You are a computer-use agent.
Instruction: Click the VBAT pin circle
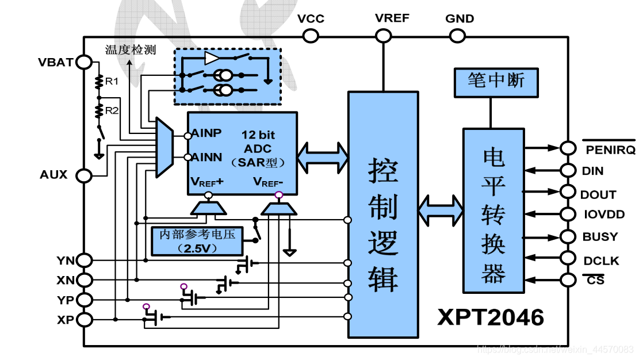click(x=84, y=62)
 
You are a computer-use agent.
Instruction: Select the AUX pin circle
click(x=84, y=175)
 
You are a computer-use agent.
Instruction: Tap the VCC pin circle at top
click(x=311, y=36)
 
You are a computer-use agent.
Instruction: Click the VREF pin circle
click(x=383, y=36)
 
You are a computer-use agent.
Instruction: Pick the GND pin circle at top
click(x=457, y=36)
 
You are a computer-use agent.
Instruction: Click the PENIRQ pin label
click(x=609, y=150)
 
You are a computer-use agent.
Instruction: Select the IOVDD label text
click(x=603, y=215)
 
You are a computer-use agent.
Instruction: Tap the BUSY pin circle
click(x=568, y=236)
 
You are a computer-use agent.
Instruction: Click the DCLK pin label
click(x=601, y=261)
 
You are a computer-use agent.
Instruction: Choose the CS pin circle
click(x=568, y=280)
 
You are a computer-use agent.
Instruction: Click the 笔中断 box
click(x=496, y=81)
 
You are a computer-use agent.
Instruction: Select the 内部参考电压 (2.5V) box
click(x=196, y=241)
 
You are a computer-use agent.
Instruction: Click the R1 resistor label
click(x=112, y=82)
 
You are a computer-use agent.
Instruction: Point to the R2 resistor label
click(x=112, y=110)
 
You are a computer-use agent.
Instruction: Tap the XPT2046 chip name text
click(x=491, y=317)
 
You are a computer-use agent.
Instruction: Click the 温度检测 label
click(x=130, y=49)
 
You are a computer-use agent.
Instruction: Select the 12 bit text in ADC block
click(x=258, y=135)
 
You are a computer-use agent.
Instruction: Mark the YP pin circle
click(x=84, y=300)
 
